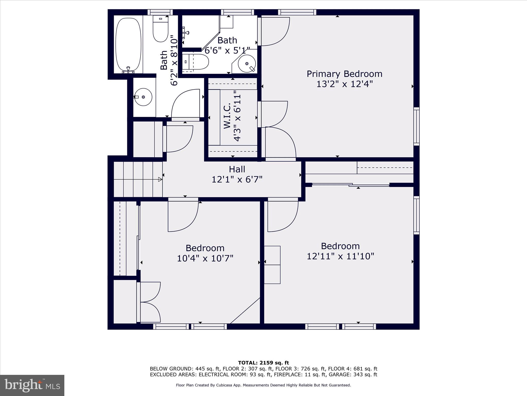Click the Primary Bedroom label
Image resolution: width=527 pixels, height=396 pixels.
(x=344, y=74)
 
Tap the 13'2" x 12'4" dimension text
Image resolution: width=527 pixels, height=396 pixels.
(x=344, y=84)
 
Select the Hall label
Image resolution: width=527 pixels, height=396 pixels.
(x=237, y=169)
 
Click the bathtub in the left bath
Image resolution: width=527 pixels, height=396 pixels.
(x=128, y=44)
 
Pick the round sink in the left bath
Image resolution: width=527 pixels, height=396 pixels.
(x=143, y=97)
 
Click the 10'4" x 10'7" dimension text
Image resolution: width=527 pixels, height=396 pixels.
(x=205, y=258)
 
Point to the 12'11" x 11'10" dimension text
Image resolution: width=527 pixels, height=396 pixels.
(x=340, y=256)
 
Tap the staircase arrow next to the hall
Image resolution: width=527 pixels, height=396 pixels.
(x=160, y=179)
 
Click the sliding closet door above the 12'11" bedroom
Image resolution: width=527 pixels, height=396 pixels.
(x=350, y=185)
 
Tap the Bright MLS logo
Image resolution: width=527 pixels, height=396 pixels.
(x=32, y=385)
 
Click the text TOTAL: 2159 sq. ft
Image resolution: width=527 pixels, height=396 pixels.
(x=263, y=363)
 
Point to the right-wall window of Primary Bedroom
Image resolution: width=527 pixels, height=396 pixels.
(x=416, y=126)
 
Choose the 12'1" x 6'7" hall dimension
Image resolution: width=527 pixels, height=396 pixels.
(x=237, y=179)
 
